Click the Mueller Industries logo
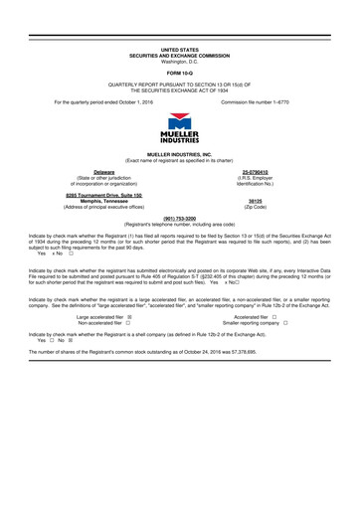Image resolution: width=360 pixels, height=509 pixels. point(180,130)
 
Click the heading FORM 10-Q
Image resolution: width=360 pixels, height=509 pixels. point(180,73)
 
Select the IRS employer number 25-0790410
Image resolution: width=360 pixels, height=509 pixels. point(265,172)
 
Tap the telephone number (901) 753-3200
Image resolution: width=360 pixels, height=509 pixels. point(180,219)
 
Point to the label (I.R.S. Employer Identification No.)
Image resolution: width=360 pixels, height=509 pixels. point(265,181)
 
